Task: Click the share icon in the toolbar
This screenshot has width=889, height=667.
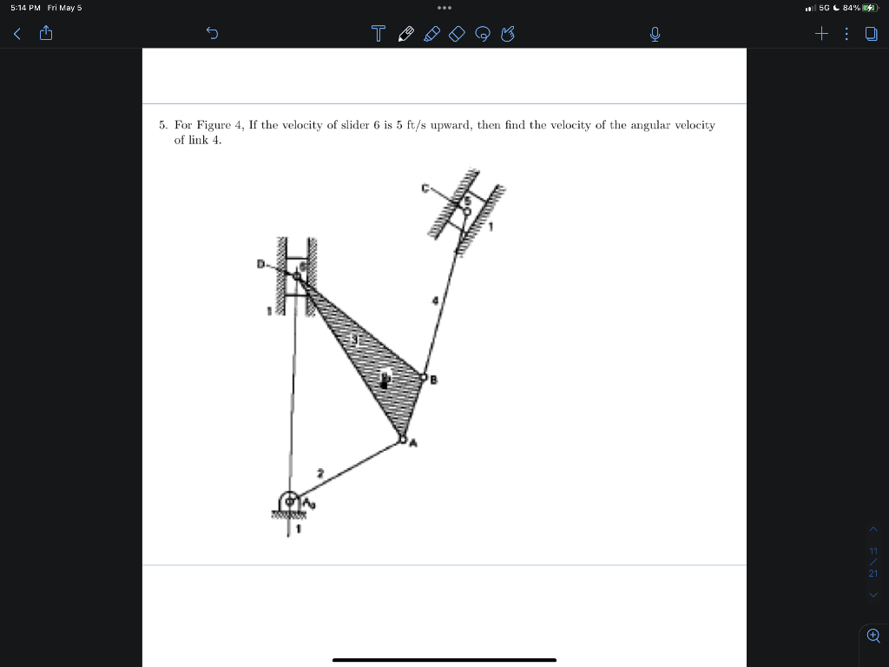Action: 46,35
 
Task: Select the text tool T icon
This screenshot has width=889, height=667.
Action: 377,35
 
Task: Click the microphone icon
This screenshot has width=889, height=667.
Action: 656,35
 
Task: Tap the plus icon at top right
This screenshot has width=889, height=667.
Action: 821,35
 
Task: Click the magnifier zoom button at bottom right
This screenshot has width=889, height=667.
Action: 873,635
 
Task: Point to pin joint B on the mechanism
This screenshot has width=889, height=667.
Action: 424,378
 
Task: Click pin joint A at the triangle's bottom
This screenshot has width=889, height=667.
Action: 402,439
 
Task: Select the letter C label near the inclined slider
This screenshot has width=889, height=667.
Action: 425,187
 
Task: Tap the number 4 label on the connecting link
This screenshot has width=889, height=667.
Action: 436,301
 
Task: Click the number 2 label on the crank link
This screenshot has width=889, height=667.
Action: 320,473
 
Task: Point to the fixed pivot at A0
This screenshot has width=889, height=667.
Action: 288,501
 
